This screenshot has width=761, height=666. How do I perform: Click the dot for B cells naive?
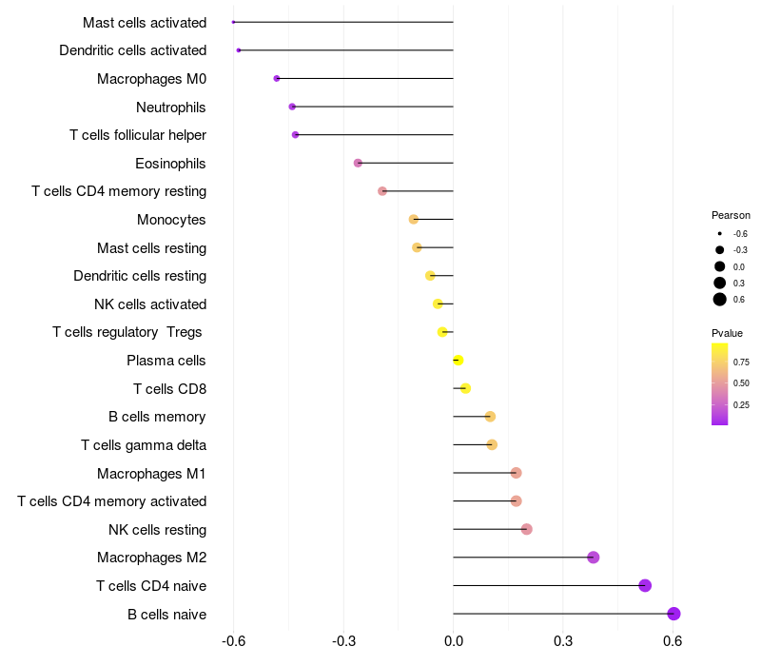pos(673,614)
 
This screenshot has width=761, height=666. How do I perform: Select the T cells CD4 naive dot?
pos(645,585)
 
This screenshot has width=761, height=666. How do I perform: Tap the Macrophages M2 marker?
pos(594,558)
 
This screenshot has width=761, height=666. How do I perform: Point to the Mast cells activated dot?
pos(233,22)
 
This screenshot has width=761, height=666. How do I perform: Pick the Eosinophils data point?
pos(358,163)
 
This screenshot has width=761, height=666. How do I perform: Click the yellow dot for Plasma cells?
pos(459,361)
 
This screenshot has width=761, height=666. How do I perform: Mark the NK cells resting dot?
pos(526,529)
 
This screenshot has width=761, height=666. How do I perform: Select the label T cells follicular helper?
pos(138,135)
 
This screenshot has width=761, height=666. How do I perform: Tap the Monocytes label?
pos(171,220)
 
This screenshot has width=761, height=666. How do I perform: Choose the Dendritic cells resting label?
pos(140,276)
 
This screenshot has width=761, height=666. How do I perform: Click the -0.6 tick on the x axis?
pos(233,641)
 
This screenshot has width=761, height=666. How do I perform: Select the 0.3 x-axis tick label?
pos(563,641)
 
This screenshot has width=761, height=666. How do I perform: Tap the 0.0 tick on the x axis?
pos(454,641)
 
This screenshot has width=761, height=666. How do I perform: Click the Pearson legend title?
pos(731,215)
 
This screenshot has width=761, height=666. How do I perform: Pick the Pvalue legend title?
pos(727,333)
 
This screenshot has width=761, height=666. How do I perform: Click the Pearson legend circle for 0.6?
pos(720,300)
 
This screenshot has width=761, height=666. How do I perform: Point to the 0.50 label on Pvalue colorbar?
pos(741,382)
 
